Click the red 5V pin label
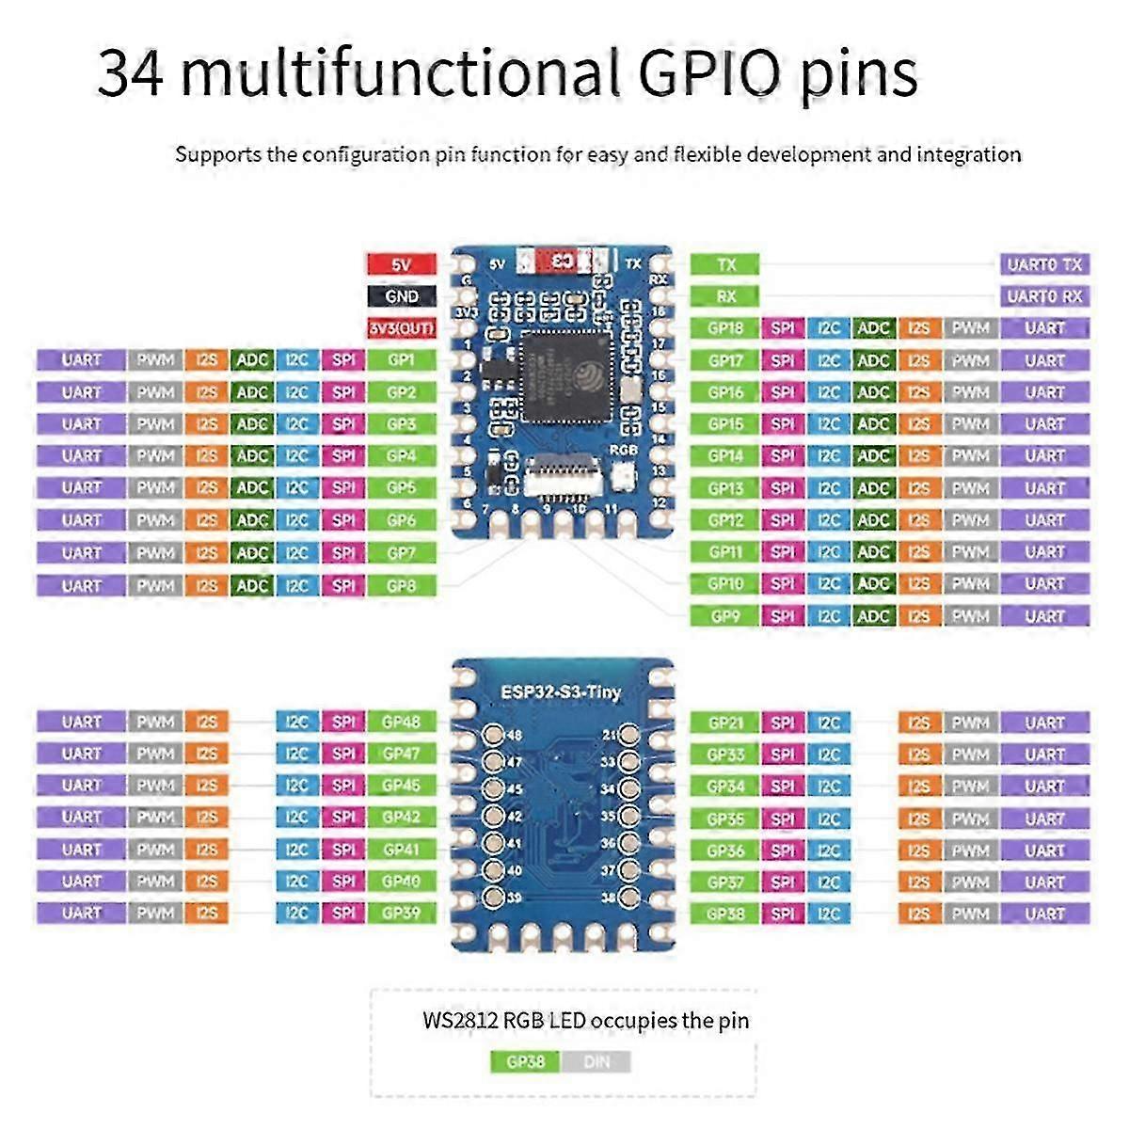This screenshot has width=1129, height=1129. pyautogui.click(x=402, y=264)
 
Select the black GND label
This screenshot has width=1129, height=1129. pyautogui.click(x=402, y=296)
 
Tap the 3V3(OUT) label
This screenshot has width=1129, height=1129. pyautogui.click(x=402, y=328)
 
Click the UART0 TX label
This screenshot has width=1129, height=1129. pyautogui.click(x=1044, y=264)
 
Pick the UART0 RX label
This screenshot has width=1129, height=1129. pyautogui.click(x=1044, y=296)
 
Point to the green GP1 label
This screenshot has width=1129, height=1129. pyautogui.click(x=402, y=360)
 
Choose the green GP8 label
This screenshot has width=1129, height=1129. pyautogui.click(x=402, y=585)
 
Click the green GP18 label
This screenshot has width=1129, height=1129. pyautogui.click(x=725, y=328)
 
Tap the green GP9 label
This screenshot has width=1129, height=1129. pyautogui.click(x=725, y=616)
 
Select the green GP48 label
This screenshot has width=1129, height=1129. pyautogui.click(x=402, y=722)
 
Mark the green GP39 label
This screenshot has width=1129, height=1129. pyautogui.click(x=402, y=913)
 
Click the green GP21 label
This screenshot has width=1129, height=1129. pyautogui.click(x=725, y=723)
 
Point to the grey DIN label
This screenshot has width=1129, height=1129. pyautogui.click(x=596, y=1062)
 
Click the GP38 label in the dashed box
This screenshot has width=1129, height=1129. pyautogui.click(x=525, y=1062)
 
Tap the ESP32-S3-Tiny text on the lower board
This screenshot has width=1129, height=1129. pyautogui.click(x=561, y=692)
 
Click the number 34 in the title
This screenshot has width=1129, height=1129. pyautogui.click(x=130, y=73)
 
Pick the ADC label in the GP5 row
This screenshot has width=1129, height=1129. pyautogui.click(x=252, y=487)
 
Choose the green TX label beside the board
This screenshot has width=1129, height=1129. pyautogui.click(x=725, y=264)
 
